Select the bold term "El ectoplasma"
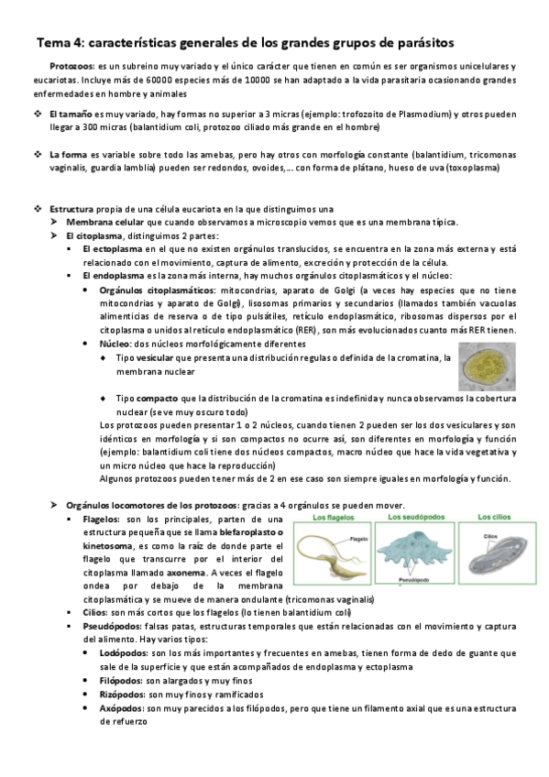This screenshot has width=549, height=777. (x=111, y=248)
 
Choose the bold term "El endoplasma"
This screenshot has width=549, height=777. (x=112, y=275)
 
